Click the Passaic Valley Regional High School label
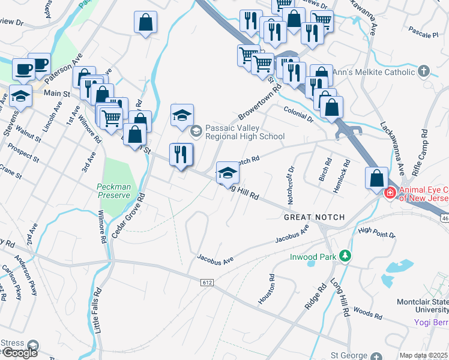click(244, 132)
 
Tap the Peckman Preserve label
click(113, 191)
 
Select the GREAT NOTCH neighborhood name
click(315, 217)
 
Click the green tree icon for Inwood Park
click(345, 256)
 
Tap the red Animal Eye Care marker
click(390, 193)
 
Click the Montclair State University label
click(423, 306)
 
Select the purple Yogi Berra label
click(431, 323)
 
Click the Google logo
click(19, 352)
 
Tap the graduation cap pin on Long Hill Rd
click(228, 173)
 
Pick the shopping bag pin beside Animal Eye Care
click(376, 178)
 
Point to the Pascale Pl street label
click(423, 35)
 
